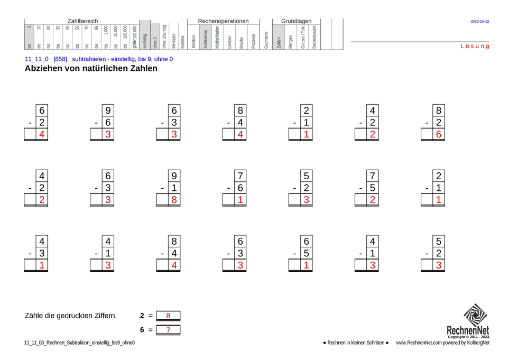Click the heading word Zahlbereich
point(82,21)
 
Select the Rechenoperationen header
point(223,21)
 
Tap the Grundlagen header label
point(296,21)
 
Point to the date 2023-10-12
point(479,22)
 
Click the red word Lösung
point(475,47)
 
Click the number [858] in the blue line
point(60,59)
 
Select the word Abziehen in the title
point(44,69)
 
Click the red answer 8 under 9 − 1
point(174,199)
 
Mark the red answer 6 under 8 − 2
point(439,134)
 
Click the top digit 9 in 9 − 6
point(108,110)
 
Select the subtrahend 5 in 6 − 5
point(306,253)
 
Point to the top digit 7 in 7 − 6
point(240,176)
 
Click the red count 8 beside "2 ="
point(168,316)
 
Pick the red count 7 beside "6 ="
point(168,330)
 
